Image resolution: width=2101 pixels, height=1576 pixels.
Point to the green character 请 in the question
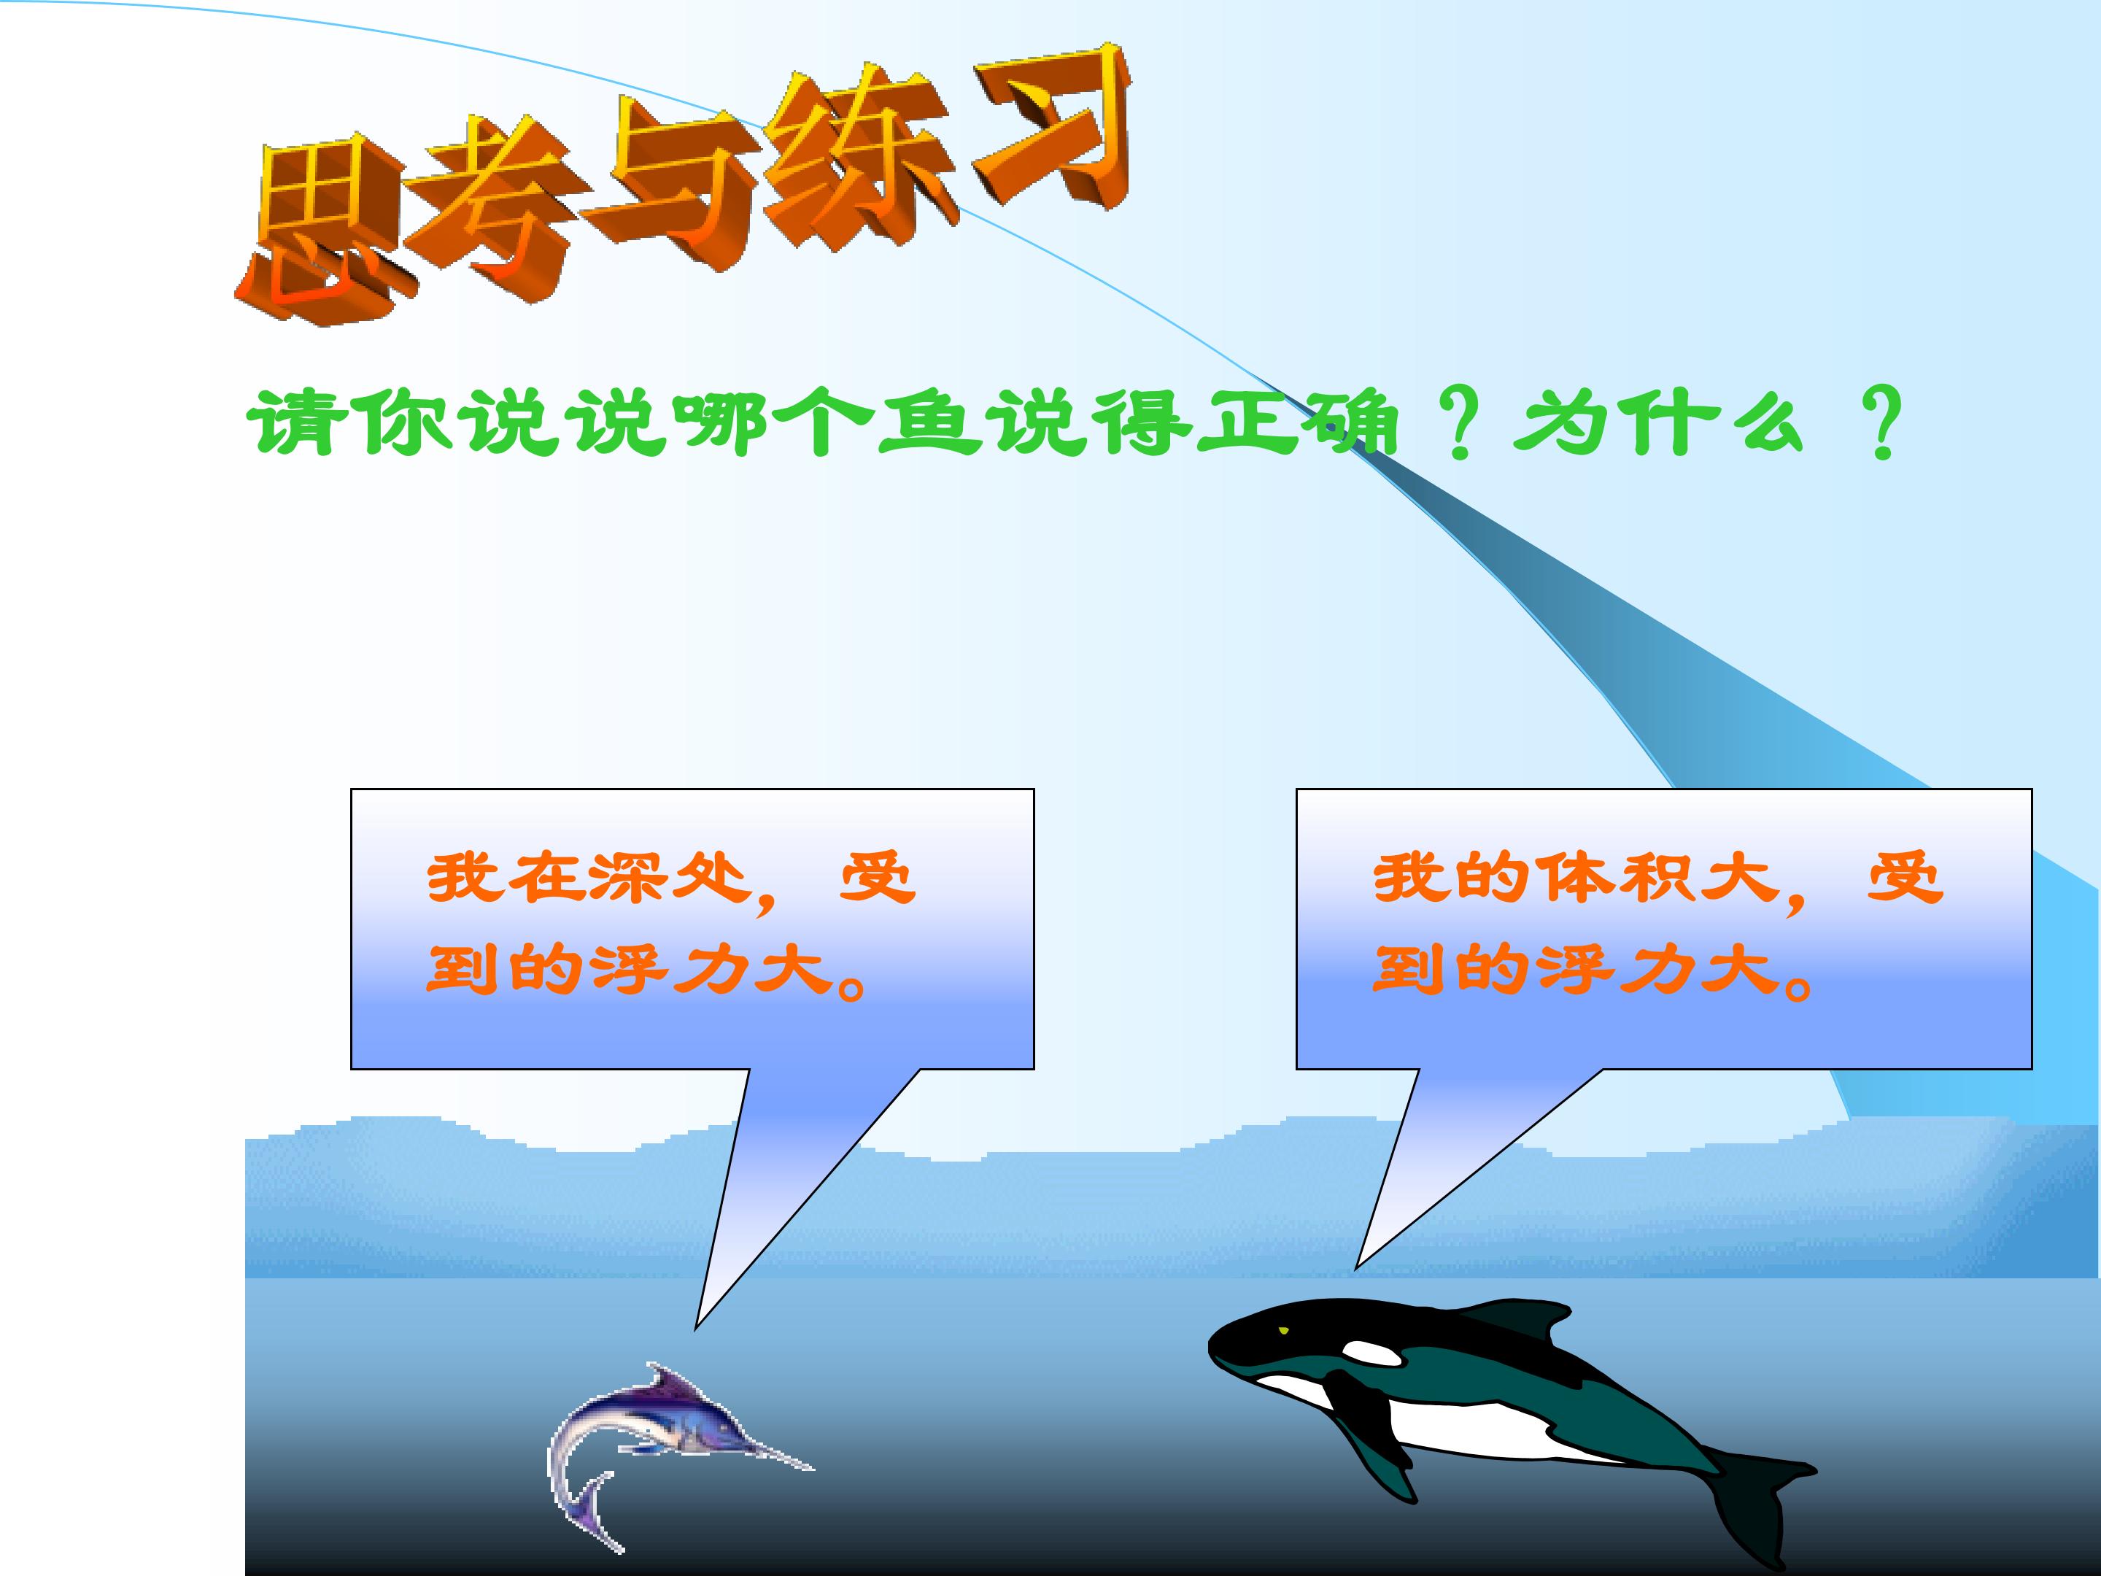coord(299,422)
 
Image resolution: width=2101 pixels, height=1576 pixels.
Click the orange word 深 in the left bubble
coord(627,878)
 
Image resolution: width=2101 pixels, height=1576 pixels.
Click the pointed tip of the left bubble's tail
coord(696,1328)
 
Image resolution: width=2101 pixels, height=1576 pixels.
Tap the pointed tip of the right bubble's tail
coord(1356,1268)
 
